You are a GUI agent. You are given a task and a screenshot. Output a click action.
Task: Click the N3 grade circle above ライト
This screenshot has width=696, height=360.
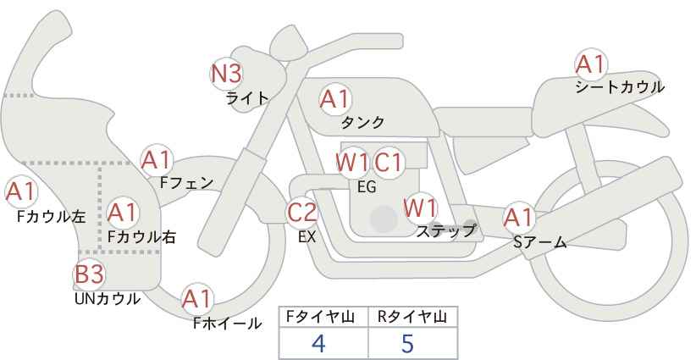coord(226,73)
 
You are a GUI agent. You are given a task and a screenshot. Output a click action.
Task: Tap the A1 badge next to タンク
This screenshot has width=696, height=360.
coord(334,99)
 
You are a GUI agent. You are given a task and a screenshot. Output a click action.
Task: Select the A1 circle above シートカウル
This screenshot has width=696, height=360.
coord(590,64)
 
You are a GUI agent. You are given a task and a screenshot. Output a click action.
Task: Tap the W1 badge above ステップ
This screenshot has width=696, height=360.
coord(420,207)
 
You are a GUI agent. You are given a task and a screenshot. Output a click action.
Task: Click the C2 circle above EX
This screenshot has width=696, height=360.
coord(302,213)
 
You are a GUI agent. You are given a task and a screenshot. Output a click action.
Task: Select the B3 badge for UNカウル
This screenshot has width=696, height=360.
coord(89,274)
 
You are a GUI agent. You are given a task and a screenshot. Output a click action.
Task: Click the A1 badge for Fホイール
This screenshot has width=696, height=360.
coord(198,298)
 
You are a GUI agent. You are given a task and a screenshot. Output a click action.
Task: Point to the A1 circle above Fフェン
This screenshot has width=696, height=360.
coord(157,158)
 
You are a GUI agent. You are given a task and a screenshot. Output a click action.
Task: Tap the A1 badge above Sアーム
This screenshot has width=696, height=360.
coord(519,218)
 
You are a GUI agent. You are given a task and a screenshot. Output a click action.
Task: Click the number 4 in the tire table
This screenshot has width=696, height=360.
coord(318,343)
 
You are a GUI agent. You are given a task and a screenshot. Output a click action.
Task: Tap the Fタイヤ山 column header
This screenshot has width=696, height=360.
coord(323,317)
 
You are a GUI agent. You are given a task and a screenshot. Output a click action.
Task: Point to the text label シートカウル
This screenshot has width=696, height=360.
coord(619,86)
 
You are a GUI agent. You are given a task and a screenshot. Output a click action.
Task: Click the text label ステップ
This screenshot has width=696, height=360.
coord(446,230)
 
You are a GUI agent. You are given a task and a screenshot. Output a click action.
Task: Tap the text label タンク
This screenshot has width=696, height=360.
coord(362,122)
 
